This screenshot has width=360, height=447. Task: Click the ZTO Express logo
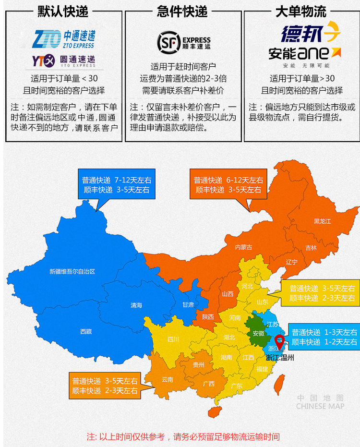click(63, 38)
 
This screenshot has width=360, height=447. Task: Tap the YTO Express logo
click(63, 61)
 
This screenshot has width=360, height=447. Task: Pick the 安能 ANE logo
click(305, 53)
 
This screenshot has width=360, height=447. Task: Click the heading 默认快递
click(63, 11)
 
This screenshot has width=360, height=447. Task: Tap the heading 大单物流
click(301, 11)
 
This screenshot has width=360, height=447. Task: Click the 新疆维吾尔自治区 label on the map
click(72, 271)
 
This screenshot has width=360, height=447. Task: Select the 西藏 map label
click(86, 331)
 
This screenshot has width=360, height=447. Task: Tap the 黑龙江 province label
click(323, 221)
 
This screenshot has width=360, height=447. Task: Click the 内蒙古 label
click(243, 247)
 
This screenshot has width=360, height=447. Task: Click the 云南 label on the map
click(167, 379)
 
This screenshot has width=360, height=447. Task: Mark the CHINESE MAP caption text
click(320, 406)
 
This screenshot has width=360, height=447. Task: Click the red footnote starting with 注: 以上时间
click(183, 437)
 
